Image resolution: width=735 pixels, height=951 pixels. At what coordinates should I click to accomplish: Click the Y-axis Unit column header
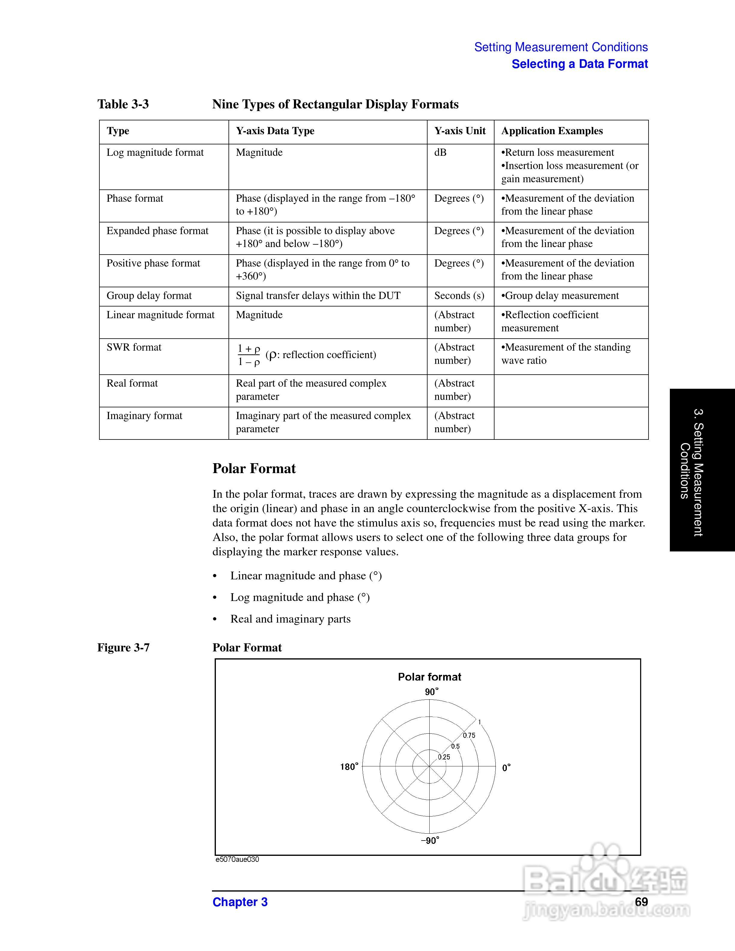[x=459, y=131]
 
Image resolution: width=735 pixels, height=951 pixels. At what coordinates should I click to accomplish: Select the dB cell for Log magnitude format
[x=440, y=152]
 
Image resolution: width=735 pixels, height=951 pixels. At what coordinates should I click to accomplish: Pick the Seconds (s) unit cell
[x=459, y=296]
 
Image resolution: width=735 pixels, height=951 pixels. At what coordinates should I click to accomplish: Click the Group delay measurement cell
[x=560, y=296]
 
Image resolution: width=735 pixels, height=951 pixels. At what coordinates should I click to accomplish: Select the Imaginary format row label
[x=144, y=415]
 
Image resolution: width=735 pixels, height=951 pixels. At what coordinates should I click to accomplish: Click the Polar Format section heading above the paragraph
[x=254, y=469]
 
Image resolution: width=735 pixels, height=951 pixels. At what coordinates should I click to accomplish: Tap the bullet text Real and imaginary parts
[x=290, y=619]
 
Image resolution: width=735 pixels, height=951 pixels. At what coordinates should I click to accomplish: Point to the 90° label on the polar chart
[x=431, y=692]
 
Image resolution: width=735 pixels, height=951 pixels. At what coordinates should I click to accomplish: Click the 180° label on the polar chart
[x=349, y=767]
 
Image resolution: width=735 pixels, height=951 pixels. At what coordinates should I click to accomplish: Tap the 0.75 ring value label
[x=469, y=735]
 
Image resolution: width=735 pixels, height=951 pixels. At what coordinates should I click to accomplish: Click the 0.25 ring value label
[x=444, y=757]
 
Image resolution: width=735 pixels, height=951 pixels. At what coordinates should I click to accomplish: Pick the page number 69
[x=641, y=902]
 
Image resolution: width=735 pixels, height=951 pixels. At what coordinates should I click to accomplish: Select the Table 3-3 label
[x=123, y=104]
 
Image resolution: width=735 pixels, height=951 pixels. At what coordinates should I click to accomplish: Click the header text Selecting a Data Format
[x=579, y=64]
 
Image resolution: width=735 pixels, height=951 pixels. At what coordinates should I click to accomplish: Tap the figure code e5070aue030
[x=237, y=859]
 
